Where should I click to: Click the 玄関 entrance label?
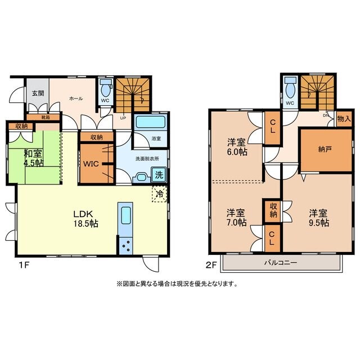(x=38, y=93)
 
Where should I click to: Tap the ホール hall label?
(x=76, y=98)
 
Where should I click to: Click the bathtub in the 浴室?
(x=151, y=121)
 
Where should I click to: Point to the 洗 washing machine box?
(x=159, y=175)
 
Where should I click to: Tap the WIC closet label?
(x=91, y=164)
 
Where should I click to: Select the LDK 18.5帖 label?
(x=85, y=219)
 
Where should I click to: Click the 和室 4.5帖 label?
(x=34, y=158)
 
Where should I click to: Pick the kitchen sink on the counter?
(x=126, y=215)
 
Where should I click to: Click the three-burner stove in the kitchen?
(x=125, y=246)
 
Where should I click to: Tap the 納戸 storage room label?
(x=325, y=150)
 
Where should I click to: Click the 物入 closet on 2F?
(x=344, y=119)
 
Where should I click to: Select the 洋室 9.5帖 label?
(x=319, y=218)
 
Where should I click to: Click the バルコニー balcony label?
(x=281, y=263)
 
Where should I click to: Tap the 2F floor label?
(x=211, y=265)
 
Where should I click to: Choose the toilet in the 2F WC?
(x=290, y=88)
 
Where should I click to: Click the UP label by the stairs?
(x=123, y=118)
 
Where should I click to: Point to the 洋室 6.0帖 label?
(x=237, y=147)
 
